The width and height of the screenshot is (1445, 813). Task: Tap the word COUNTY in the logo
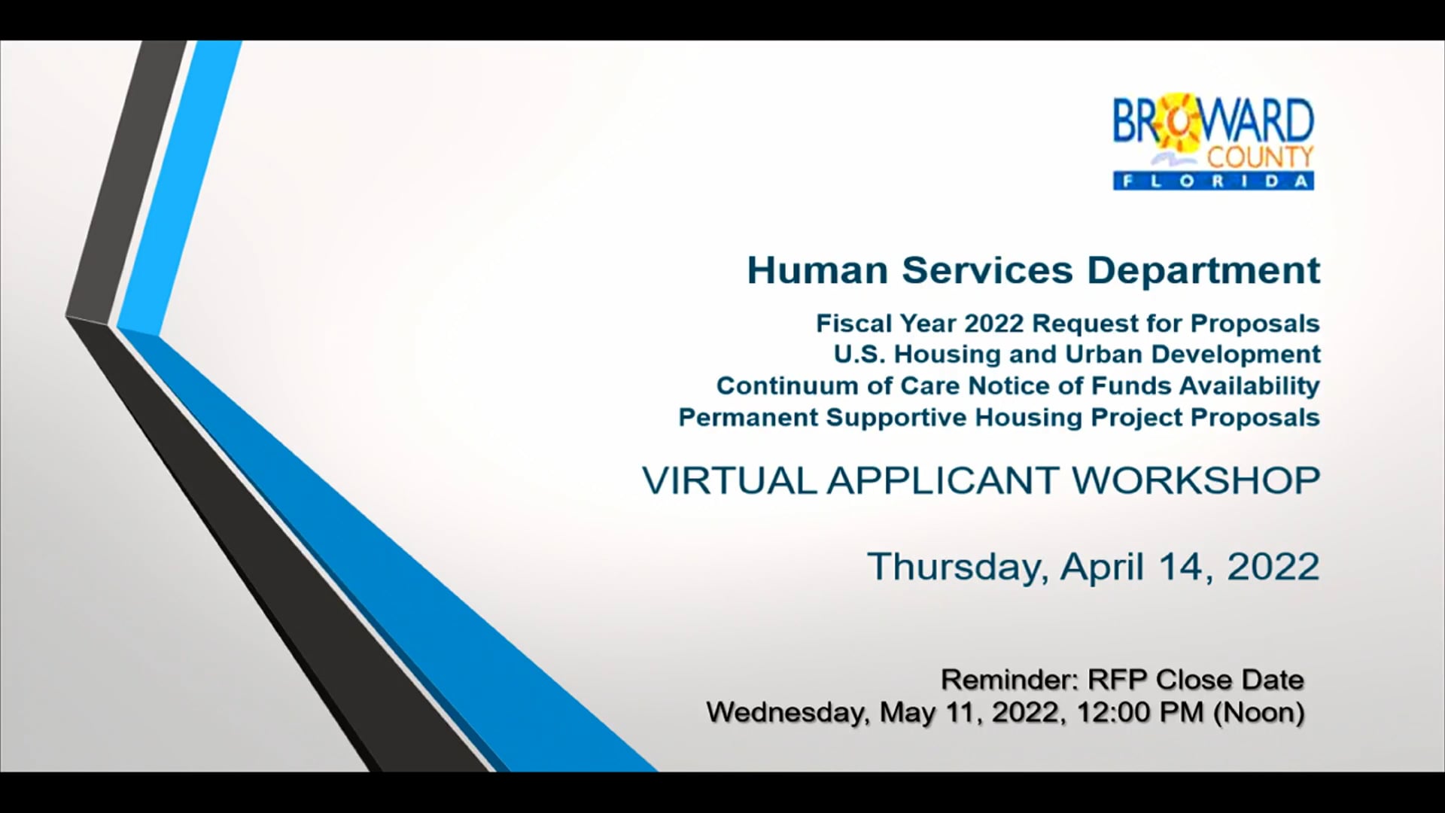point(1260,157)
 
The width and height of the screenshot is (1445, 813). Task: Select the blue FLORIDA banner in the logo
point(1213,181)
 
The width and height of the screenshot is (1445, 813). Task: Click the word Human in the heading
point(817,270)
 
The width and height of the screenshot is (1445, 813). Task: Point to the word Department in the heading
point(1203,270)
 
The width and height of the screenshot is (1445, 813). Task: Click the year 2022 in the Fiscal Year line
point(993,324)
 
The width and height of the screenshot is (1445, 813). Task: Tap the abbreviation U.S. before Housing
point(859,355)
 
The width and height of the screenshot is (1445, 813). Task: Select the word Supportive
point(896,418)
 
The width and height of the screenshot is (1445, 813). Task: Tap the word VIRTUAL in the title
point(729,480)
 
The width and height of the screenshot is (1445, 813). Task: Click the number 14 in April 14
point(1185,567)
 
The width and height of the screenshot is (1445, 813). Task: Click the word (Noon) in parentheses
point(1258,712)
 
